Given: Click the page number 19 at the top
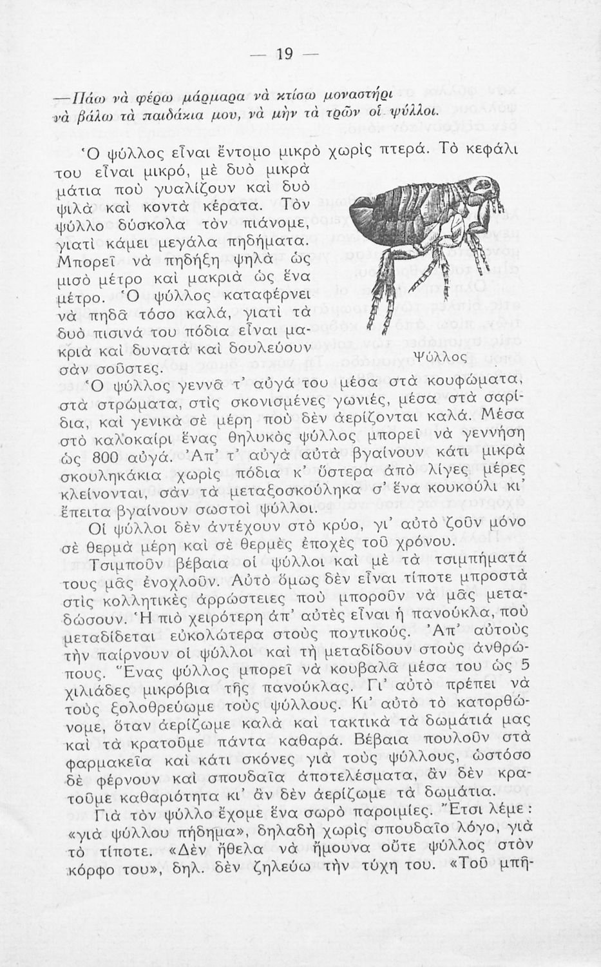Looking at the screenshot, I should pyautogui.click(x=283, y=54).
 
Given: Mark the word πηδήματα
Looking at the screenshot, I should pyautogui.click(x=265, y=242).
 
